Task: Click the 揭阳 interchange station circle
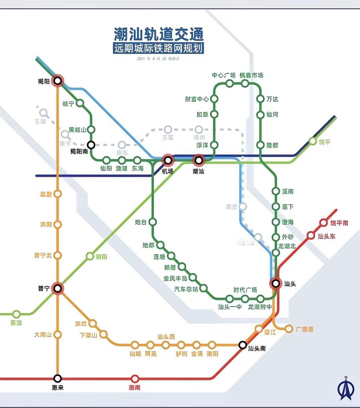point(58,81)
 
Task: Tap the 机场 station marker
point(168,160)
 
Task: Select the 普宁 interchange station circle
point(58,288)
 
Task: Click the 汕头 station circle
point(276,284)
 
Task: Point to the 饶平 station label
point(324,142)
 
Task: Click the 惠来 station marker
point(58,378)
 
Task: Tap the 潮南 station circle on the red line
point(135,379)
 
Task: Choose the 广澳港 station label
point(304,329)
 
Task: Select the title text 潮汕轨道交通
point(159,34)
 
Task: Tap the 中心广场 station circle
point(230,83)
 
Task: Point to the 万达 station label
point(272,99)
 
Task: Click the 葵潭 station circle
point(16,314)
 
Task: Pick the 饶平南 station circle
point(324,223)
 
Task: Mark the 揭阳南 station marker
point(91,145)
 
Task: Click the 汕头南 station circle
point(243,345)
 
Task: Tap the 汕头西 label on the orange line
point(166,337)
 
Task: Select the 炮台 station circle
point(153,222)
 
